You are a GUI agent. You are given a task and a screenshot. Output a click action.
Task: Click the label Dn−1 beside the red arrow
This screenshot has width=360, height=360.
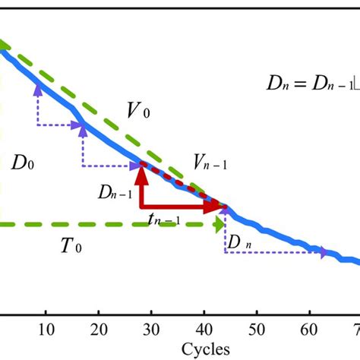pos(115,193)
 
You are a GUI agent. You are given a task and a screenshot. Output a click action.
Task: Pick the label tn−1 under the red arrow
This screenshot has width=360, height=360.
pos(164,220)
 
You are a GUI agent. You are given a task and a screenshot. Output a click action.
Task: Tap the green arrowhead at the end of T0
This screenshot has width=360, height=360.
pos(219,224)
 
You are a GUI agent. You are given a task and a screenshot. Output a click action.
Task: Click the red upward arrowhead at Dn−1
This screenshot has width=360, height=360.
pos(141,175)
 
